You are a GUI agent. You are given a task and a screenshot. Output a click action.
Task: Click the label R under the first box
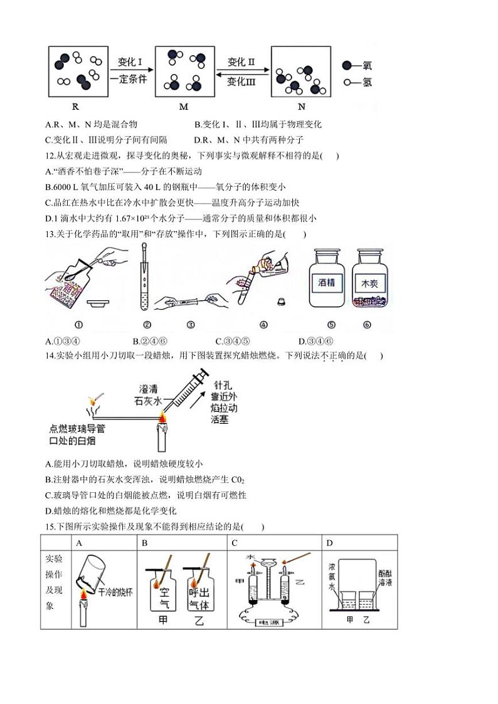[75, 107]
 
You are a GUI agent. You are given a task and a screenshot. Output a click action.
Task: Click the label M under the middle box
[183, 107]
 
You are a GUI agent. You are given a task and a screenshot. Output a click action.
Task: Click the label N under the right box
[301, 107]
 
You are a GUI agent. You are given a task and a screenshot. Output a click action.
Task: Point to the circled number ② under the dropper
[147, 325]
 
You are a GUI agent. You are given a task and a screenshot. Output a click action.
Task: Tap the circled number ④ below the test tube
[263, 325]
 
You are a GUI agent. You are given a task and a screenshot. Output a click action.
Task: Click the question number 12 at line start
[51, 156]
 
